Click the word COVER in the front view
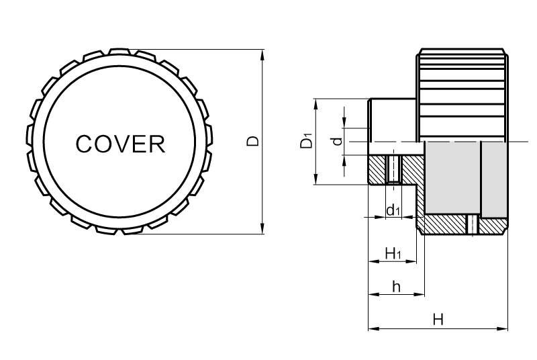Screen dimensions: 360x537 point(120,144)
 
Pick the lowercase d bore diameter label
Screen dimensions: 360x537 point(338,141)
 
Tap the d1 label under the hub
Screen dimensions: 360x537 point(393,211)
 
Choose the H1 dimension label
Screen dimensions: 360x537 point(393,253)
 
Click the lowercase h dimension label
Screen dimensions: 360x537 point(396,287)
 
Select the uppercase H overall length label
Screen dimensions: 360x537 point(438,320)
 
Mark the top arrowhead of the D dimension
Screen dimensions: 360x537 point(262,53)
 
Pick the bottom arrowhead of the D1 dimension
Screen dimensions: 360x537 point(315,181)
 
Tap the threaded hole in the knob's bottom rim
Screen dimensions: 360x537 point(473,225)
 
